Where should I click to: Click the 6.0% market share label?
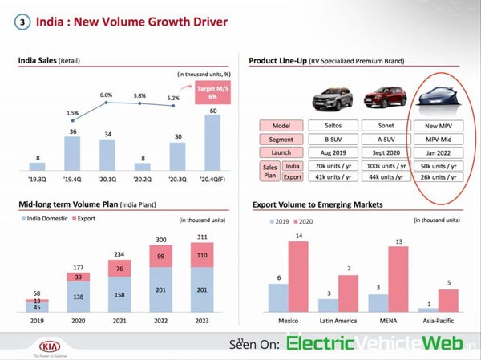[107, 95]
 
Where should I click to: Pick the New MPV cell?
[439, 127]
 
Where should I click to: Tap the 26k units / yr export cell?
[439, 177]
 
